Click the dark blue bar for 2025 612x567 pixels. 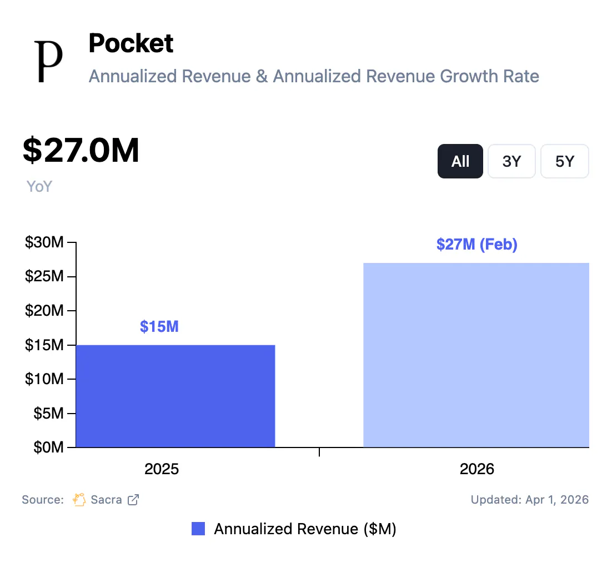click(x=175, y=396)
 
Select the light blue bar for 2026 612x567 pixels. click(x=476, y=355)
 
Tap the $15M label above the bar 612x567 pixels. click(x=159, y=326)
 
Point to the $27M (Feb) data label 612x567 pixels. click(x=476, y=244)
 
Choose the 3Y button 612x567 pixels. click(x=511, y=161)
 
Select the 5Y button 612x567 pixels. click(x=564, y=161)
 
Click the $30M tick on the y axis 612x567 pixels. click(x=44, y=242)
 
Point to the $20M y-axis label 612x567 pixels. click(x=44, y=311)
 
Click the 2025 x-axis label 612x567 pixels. click(x=162, y=469)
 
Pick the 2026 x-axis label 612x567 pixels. click(x=476, y=469)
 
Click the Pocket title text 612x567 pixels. click(x=131, y=43)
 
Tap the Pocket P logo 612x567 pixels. click(x=48, y=61)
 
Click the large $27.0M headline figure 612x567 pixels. click(x=81, y=150)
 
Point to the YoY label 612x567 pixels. click(x=39, y=186)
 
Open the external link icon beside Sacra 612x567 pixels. click(x=133, y=499)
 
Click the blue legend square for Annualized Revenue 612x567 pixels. click(x=198, y=529)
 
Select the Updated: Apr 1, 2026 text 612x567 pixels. click(x=529, y=499)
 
